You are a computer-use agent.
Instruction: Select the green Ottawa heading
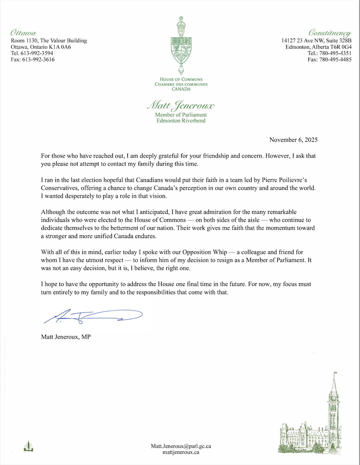[24, 33]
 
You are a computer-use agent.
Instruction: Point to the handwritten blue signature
[93, 317]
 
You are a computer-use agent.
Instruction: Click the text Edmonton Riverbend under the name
[181, 121]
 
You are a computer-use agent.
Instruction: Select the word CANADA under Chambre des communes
[181, 89]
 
